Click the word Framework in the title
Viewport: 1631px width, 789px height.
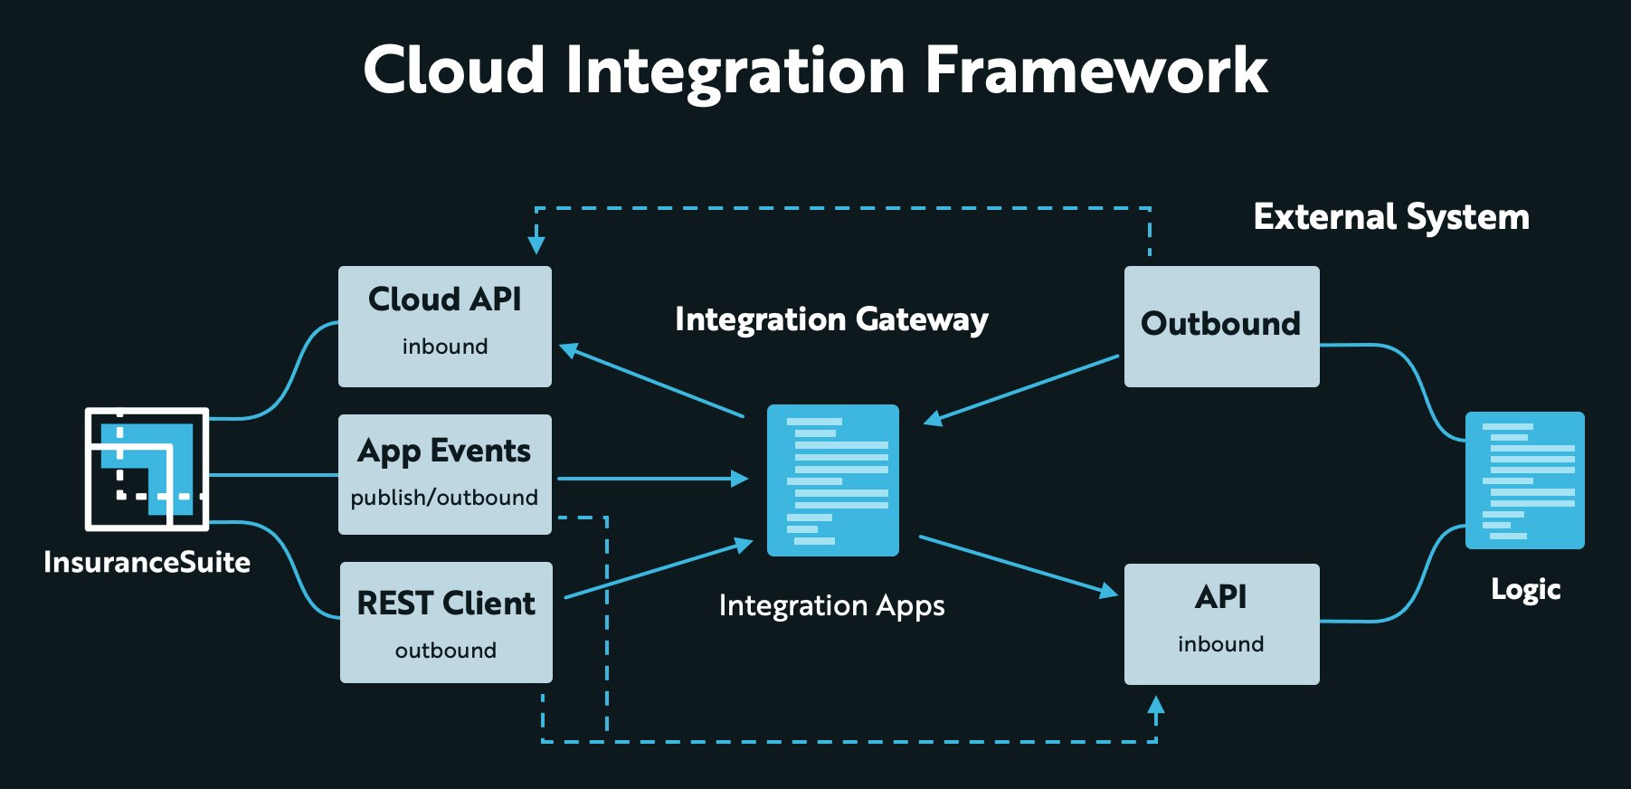(1095, 71)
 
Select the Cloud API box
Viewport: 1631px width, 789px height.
(445, 327)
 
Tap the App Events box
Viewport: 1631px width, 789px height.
(445, 474)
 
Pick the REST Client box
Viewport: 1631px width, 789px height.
(446, 623)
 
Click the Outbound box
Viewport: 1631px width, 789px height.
(1221, 327)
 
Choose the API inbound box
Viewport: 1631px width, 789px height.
(1221, 624)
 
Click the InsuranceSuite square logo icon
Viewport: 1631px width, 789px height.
(147, 469)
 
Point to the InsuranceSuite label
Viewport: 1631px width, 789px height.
(147, 562)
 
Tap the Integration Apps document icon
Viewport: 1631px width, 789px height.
(833, 480)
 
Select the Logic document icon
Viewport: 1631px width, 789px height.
(1525, 480)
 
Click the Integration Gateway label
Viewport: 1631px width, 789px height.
(831, 319)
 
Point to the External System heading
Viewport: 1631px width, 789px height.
(1391, 217)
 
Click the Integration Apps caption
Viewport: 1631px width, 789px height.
(831, 605)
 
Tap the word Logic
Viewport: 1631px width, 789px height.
(1526, 590)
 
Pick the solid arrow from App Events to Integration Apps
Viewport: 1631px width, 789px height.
(653, 478)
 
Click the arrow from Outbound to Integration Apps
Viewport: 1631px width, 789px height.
(1021, 389)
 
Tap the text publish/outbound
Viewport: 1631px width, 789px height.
(444, 498)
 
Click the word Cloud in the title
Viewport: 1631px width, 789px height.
(454, 71)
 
